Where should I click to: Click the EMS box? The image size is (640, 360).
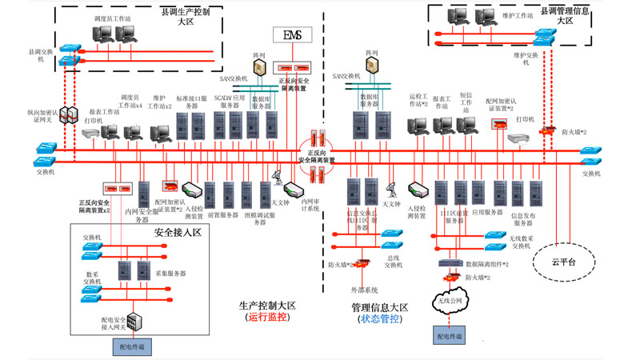click(292, 35)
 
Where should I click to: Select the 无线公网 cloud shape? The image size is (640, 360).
click(450, 302)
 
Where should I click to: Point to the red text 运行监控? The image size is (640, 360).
click(269, 318)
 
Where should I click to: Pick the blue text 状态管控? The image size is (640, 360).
click(381, 319)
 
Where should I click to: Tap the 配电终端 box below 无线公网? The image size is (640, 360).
click(450, 336)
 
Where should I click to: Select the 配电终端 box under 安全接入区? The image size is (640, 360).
click(132, 347)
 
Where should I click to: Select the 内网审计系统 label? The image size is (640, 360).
click(310, 206)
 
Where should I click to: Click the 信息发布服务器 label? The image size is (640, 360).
click(522, 218)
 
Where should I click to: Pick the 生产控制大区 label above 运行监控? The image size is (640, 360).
click(267, 305)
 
